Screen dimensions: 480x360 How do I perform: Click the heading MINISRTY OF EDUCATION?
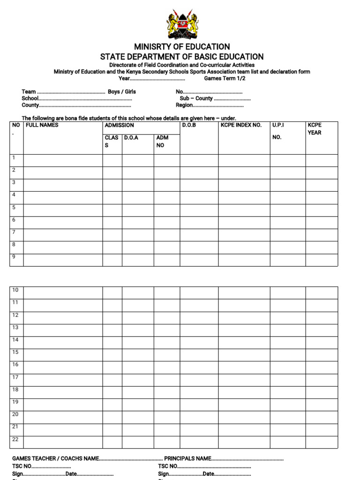[182, 47]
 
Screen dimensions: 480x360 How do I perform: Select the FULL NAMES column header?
[42, 126]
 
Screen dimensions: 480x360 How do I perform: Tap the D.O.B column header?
[189, 126]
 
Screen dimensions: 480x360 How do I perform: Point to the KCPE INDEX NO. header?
[241, 126]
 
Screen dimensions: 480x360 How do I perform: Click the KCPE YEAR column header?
[315, 129]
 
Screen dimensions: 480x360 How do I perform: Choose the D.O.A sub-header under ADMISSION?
[131, 138]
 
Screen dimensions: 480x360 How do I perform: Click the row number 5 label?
[14, 207]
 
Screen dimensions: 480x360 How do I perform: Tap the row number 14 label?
[15, 340]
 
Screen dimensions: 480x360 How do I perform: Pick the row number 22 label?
[15, 439]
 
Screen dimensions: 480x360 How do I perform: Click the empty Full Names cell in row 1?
[63, 161]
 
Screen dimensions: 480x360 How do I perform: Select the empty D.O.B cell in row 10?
[199, 293]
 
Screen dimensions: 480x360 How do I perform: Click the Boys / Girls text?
[122, 92]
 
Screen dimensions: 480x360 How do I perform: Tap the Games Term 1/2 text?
[225, 79]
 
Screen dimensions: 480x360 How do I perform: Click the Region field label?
[184, 105]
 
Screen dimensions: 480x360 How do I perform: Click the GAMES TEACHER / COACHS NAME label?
[55, 458]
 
